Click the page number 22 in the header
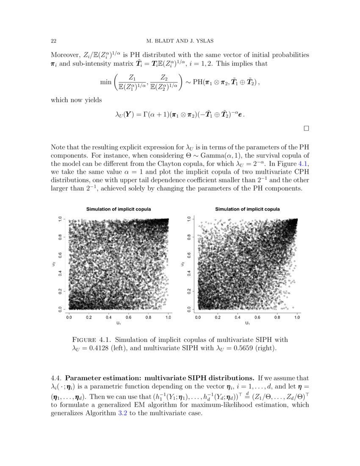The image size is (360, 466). tap(54, 41)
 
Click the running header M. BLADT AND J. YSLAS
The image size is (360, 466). tap(180, 41)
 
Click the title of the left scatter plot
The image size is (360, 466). tap(119, 209)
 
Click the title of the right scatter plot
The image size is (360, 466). tap(247, 209)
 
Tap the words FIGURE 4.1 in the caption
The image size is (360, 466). tap(91, 340)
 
